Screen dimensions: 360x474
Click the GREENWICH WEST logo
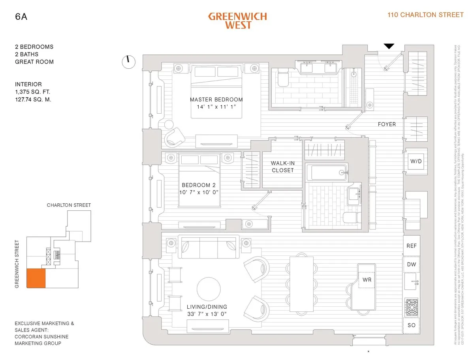237,21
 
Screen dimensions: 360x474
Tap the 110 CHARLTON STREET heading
425,15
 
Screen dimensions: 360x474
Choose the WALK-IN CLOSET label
282,167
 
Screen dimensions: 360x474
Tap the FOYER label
386,124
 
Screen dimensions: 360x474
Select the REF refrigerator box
412,246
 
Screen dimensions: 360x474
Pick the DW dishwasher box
412,264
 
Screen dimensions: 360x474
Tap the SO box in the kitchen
412,325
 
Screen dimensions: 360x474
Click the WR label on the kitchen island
366,280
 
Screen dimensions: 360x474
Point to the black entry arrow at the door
389,46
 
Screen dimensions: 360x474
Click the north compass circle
128,62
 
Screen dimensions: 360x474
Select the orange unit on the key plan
36,278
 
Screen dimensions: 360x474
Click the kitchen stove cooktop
411,306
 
